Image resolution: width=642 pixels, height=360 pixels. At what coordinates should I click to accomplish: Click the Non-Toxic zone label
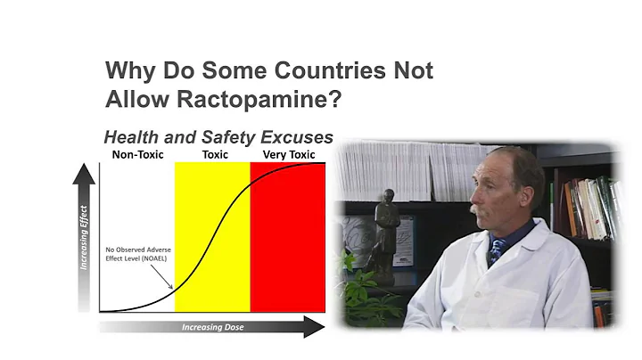pos(136,155)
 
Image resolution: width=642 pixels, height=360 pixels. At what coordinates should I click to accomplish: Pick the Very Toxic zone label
pos(290,155)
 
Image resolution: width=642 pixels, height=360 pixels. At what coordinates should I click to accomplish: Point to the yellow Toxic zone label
pos(214,155)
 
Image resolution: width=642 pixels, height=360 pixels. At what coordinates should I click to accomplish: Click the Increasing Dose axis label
pos(212,327)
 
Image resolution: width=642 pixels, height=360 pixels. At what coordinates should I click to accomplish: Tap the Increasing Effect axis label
pos(83,241)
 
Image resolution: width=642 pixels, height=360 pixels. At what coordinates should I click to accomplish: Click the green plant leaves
pos(360,294)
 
